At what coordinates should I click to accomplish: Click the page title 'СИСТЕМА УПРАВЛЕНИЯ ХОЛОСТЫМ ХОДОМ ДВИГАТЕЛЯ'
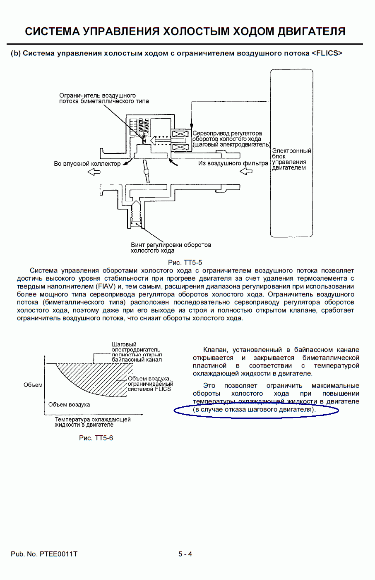185,31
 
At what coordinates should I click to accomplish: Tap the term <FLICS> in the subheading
327,53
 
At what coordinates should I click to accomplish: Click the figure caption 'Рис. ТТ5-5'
185,263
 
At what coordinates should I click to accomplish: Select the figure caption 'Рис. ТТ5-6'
96,438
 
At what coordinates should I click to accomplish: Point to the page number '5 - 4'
185,554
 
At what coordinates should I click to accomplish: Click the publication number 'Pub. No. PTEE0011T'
44,554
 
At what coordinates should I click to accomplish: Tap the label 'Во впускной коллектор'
87,164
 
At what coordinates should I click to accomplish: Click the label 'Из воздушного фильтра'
233,163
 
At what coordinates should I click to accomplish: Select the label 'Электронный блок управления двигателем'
291,159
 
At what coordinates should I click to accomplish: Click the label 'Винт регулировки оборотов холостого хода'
171,248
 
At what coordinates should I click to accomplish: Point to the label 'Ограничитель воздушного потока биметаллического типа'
104,98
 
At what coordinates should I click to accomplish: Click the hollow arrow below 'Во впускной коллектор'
94,172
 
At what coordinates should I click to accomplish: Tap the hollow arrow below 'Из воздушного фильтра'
246,171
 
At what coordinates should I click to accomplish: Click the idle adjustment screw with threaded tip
137,213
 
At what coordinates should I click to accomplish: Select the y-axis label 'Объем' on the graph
33,385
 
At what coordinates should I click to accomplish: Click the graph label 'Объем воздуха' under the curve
69,405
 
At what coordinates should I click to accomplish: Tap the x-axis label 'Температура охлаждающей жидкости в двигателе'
93,422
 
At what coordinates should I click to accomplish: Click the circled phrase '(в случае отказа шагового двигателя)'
254,410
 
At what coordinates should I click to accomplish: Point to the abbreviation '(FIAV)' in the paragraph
106,286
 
